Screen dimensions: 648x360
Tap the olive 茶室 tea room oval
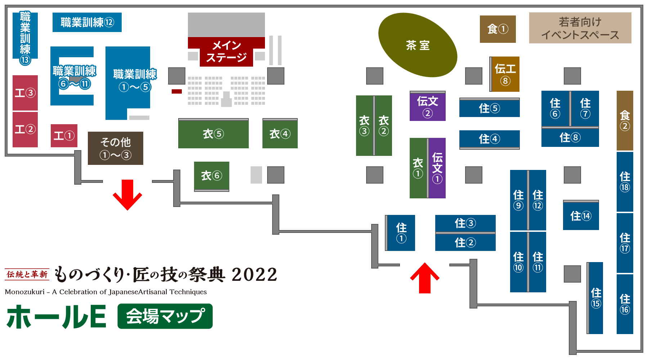click(418, 45)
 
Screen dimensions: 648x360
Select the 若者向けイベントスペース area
click(580, 28)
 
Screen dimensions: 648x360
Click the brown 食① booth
click(498, 29)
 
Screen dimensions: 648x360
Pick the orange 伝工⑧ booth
click(505, 74)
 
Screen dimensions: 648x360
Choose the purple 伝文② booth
click(428, 106)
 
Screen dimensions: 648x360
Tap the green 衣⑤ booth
click(213, 134)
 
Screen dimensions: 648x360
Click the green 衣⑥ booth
click(212, 176)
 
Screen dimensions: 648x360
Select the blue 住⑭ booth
click(581, 215)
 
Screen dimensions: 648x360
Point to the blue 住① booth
click(401, 233)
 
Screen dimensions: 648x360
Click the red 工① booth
click(64, 136)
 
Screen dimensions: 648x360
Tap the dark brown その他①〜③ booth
click(116, 148)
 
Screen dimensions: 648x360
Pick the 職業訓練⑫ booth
click(87, 22)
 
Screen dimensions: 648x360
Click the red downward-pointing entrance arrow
click(127, 195)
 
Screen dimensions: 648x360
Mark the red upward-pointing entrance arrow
click(425, 278)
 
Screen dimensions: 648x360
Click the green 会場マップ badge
click(165, 316)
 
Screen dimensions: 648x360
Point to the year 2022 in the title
click(255, 275)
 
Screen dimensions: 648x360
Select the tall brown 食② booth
click(625, 121)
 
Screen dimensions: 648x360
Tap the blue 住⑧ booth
click(570, 137)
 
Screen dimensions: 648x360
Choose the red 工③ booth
click(25, 93)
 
